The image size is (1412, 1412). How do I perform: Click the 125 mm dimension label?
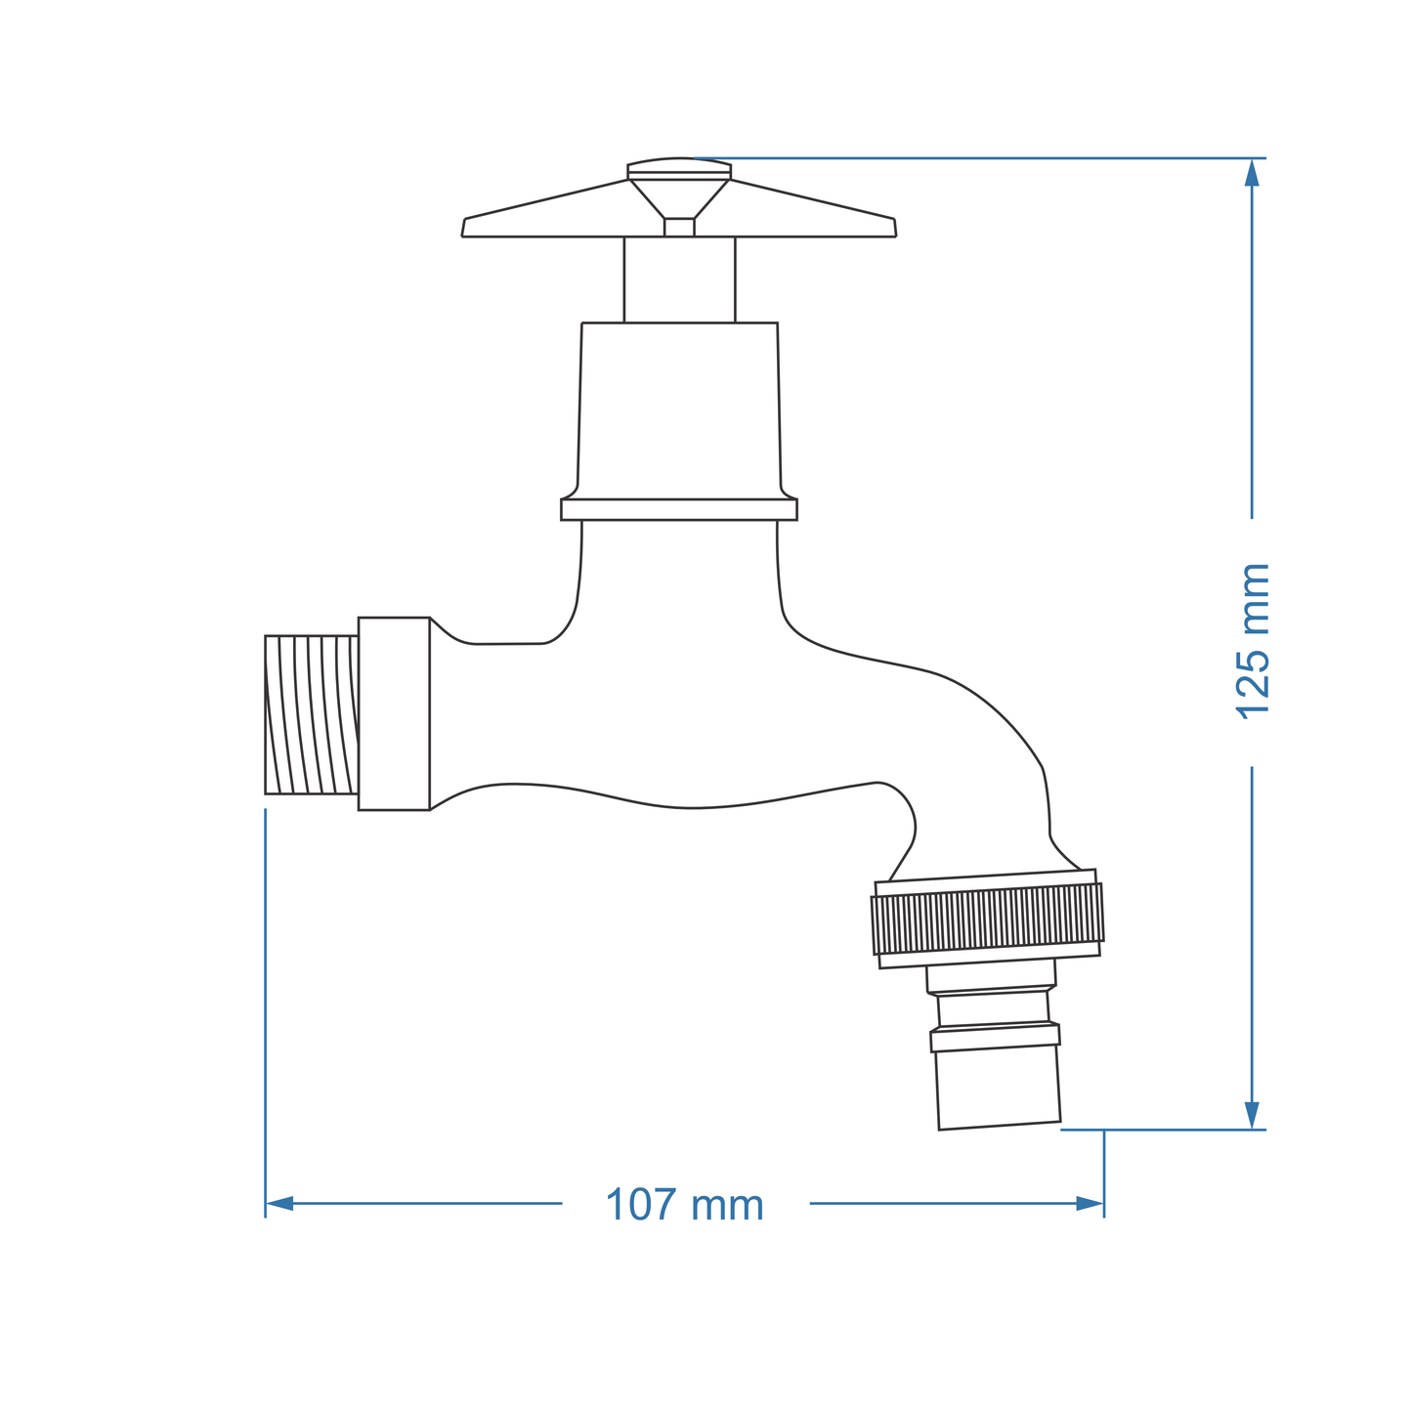(1253, 642)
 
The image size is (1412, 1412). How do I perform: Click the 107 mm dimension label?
(684, 1205)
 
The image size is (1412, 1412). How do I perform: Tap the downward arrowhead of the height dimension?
(1252, 1115)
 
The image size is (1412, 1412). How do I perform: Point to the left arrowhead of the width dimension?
(280, 1203)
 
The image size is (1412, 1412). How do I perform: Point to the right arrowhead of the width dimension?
(1089, 1203)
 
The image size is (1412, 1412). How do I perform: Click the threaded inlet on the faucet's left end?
(311, 714)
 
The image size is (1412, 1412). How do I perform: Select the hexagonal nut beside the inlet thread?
(394, 713)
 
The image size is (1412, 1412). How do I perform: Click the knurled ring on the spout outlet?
(987, 920)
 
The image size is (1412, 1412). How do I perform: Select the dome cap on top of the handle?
(679, 167)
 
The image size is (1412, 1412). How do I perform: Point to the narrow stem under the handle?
(679, 279)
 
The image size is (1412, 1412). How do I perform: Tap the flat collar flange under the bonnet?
(679, 509)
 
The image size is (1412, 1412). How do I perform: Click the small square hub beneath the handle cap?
(679, 227)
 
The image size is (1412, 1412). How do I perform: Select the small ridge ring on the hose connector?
(995, 1037)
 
